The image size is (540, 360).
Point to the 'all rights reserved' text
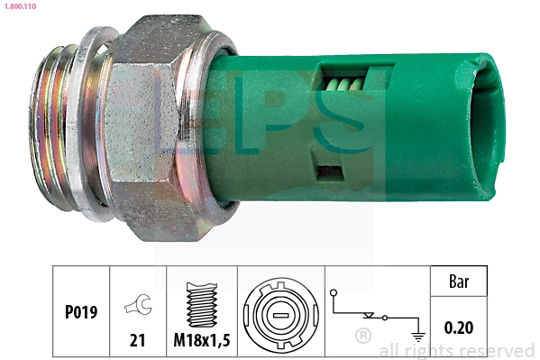pos(457,351)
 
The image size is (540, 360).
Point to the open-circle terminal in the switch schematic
pos(334,293)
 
